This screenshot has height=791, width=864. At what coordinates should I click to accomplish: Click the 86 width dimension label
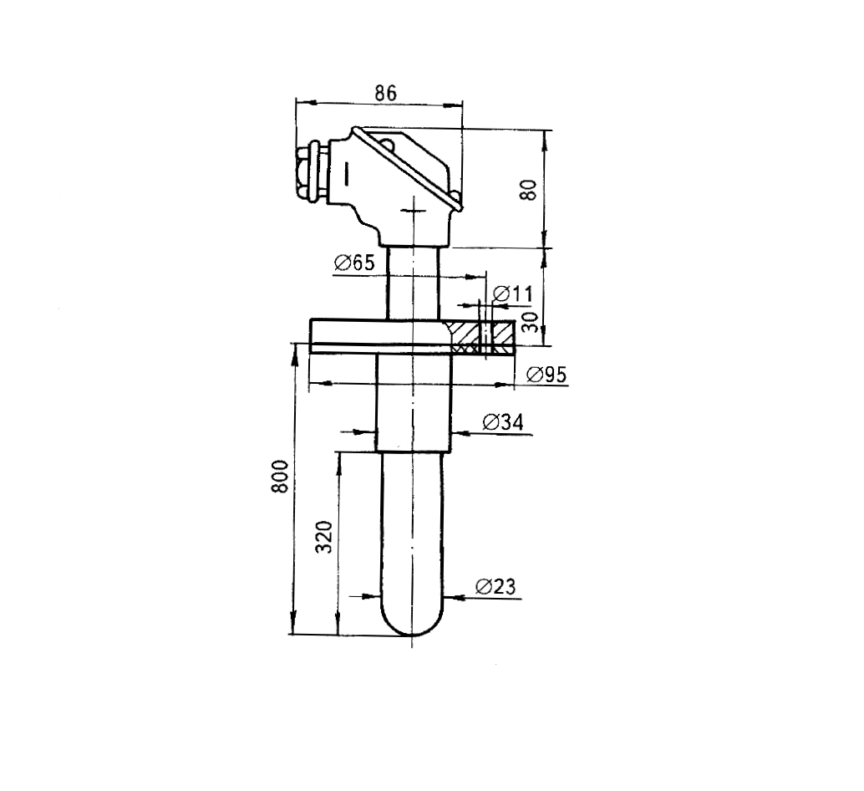click(x=385, y=93)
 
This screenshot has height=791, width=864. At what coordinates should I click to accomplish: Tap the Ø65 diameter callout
click(x=354, y=263)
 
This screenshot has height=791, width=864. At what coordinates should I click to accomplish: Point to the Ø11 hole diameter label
click(x=514, y=293)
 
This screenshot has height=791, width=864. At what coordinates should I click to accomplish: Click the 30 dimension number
click(x=530, y=323)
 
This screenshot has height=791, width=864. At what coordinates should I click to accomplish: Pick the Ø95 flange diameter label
click(x=546, y=375)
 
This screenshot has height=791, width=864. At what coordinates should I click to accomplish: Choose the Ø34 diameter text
click(x=502, y=423)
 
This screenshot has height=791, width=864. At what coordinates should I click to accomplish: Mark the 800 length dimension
click(x=280, y=477)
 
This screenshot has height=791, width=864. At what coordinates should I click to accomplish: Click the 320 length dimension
click(x=324, y=536)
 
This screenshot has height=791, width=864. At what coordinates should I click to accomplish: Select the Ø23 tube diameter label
click(x=495, y=586)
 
